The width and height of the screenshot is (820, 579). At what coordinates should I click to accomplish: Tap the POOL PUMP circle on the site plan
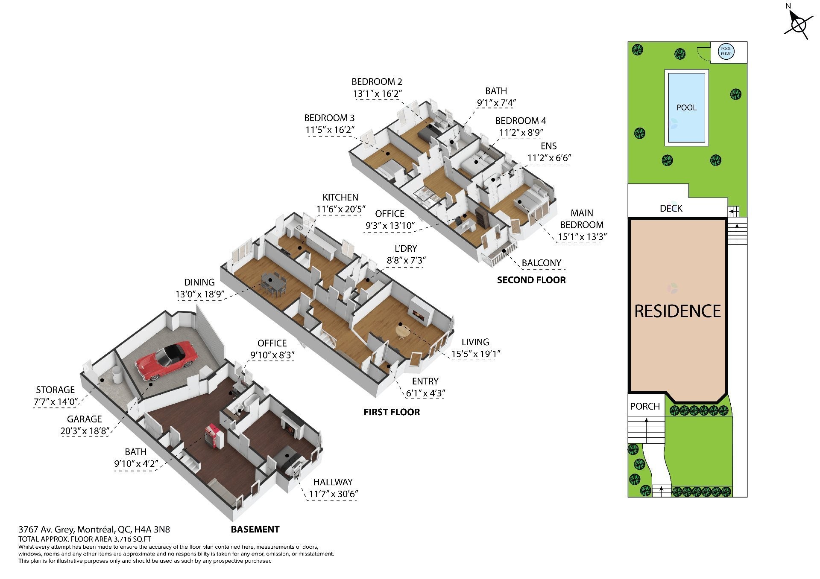coord(726,52)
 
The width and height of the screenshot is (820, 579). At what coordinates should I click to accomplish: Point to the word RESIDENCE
coord(678,311)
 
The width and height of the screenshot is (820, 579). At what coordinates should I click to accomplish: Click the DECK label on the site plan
coord(671,208)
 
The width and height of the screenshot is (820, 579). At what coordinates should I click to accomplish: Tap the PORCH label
coord(645,406)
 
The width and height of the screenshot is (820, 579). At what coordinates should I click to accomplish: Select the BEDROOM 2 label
coord(377,81)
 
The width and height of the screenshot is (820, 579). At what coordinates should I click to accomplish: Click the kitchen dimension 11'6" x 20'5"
coord(341,209)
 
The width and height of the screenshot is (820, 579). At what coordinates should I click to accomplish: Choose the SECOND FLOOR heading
coord(531,280)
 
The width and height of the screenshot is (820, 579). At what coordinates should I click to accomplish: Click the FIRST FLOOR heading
coord(392,412)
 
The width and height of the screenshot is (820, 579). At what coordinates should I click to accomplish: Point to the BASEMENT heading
coord(255,529)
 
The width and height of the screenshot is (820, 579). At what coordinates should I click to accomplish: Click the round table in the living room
coord(403,331)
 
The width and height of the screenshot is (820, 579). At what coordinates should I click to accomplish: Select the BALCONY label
coord(542,263)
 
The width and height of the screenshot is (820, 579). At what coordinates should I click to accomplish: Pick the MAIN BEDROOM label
coord(582,218)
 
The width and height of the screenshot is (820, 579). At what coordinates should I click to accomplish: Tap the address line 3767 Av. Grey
coord(94,530)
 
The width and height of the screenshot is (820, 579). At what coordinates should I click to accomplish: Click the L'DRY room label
coord(406,248)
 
